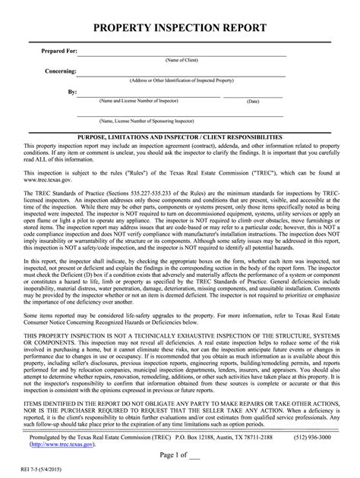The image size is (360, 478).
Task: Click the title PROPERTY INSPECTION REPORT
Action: click(179, 29)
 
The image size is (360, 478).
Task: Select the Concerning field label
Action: click(60, 70)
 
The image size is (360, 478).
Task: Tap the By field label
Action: click(71, 90)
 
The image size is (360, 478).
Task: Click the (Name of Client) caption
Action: click(182, 60)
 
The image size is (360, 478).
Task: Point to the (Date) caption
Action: click(253, 101)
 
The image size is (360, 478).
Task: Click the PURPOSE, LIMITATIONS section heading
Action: click(179, 135)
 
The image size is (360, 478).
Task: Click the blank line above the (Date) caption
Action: click(253, 95)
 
